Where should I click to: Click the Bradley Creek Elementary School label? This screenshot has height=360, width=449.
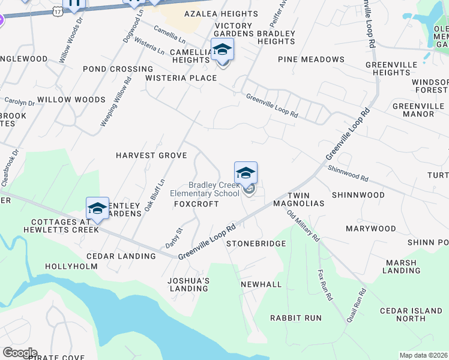[x=214, y=189]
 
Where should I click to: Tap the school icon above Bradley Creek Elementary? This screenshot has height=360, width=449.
[x=246, y=173]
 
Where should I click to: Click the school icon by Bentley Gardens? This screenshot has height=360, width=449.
[x=97, y=208]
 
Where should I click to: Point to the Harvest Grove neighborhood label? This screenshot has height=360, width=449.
[x=151, y=155]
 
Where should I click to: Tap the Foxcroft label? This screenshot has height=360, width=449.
[x=196, y=204]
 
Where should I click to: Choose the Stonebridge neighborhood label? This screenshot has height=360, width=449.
[x=256, y=244]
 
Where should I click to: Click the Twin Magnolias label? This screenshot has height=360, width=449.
[x=306, y=200]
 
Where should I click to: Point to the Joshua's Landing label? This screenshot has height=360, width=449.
[x=188, y=284]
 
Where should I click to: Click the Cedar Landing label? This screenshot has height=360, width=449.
[x=128, y=256]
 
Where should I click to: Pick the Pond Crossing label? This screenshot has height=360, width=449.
[x=118, y=69]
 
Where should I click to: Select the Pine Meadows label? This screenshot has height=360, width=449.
[x=311, y=59]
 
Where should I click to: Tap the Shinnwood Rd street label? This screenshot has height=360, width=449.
[x=348, y=173]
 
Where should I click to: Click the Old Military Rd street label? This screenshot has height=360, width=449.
[x=303, y=226]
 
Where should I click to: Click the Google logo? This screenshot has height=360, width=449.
[x=19, y=353]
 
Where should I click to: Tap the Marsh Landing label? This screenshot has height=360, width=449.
[x=402, y=266]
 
